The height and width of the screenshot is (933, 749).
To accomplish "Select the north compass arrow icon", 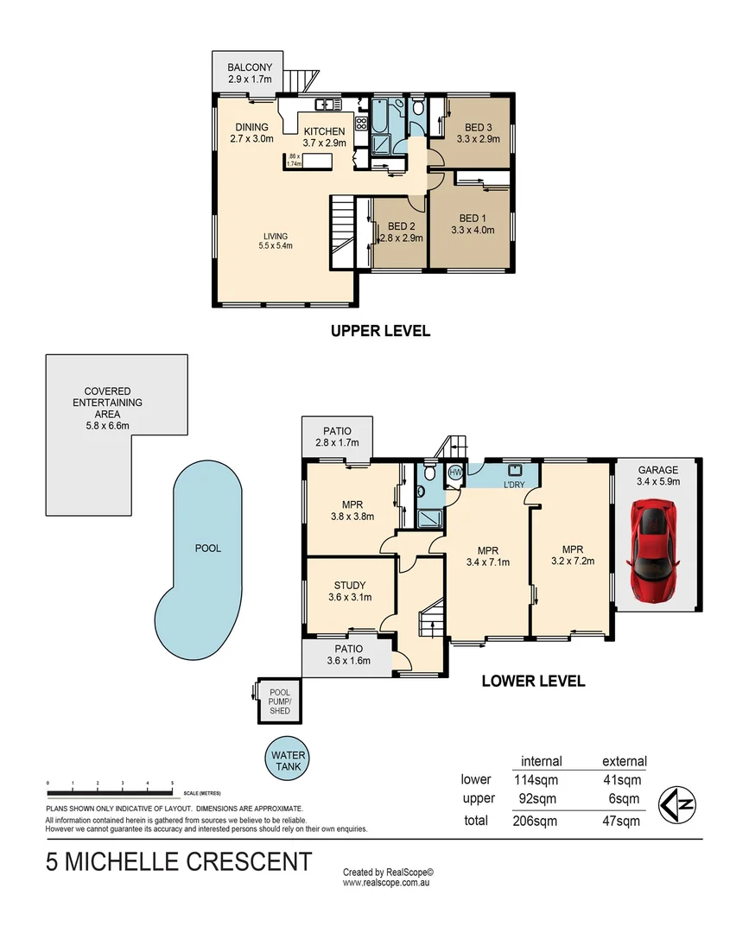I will [x=678, y=803].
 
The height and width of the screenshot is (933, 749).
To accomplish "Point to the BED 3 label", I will [x=478, y=128].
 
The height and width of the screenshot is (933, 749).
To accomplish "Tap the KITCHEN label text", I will [x=324, y=131].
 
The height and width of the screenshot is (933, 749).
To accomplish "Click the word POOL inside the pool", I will [x=207, y=548].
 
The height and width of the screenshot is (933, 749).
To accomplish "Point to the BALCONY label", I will [x=250, y=67].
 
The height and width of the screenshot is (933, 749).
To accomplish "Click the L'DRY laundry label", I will [x=514, y=484].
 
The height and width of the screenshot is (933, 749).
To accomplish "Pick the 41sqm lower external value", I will [x=623, y=780].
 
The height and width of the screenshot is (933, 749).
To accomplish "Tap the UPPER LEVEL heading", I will [x=380, y=331].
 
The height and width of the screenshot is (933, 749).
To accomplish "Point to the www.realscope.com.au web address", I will [x=386, y=883].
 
